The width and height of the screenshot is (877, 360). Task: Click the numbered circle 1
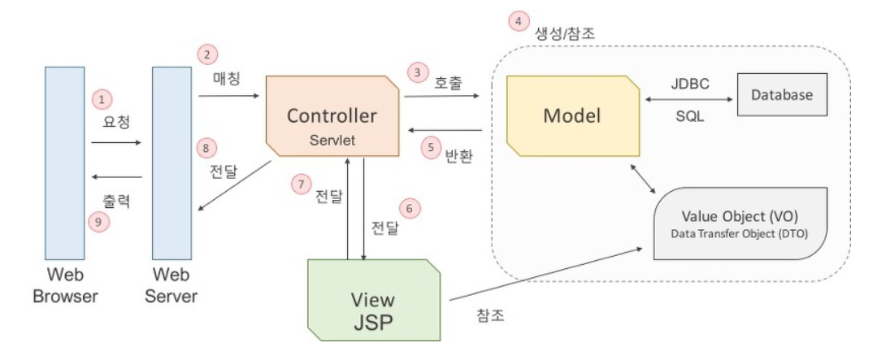(x=102, y=99)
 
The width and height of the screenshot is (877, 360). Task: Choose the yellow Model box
(x=571, y=116)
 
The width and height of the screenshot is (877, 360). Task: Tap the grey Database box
(x=781, y=95)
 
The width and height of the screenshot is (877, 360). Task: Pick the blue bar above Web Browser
(x=65, y=163)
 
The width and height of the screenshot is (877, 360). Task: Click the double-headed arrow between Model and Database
(x=687, y=100)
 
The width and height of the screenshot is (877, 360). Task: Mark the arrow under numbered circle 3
(x=441, y=95)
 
